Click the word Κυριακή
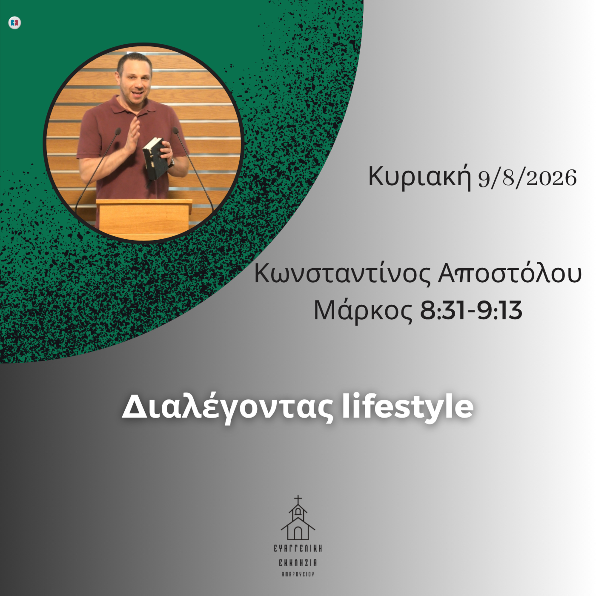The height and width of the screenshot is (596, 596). pos(420,178)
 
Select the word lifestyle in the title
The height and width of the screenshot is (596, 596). pos(407,407)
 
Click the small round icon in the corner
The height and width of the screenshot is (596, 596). pos(15,22)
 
